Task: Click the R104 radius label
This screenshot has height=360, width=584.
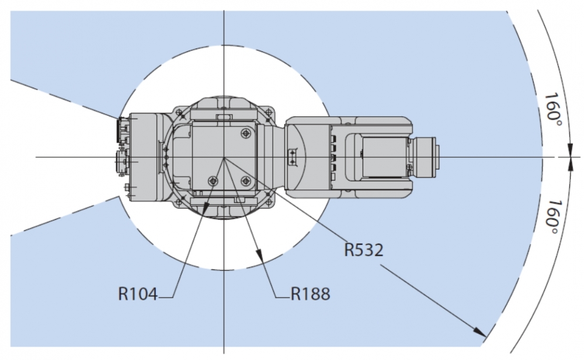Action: [x=138, y=293]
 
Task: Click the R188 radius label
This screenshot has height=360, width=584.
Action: [x=311, y=293]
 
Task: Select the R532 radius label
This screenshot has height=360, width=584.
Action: [x=363, y=250]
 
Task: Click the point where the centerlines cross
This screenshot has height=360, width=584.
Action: [x=224, y=157]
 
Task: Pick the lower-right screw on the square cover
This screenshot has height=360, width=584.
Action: [x=246, y=181]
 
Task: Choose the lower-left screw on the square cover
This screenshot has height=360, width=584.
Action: [x=213, y=181]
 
